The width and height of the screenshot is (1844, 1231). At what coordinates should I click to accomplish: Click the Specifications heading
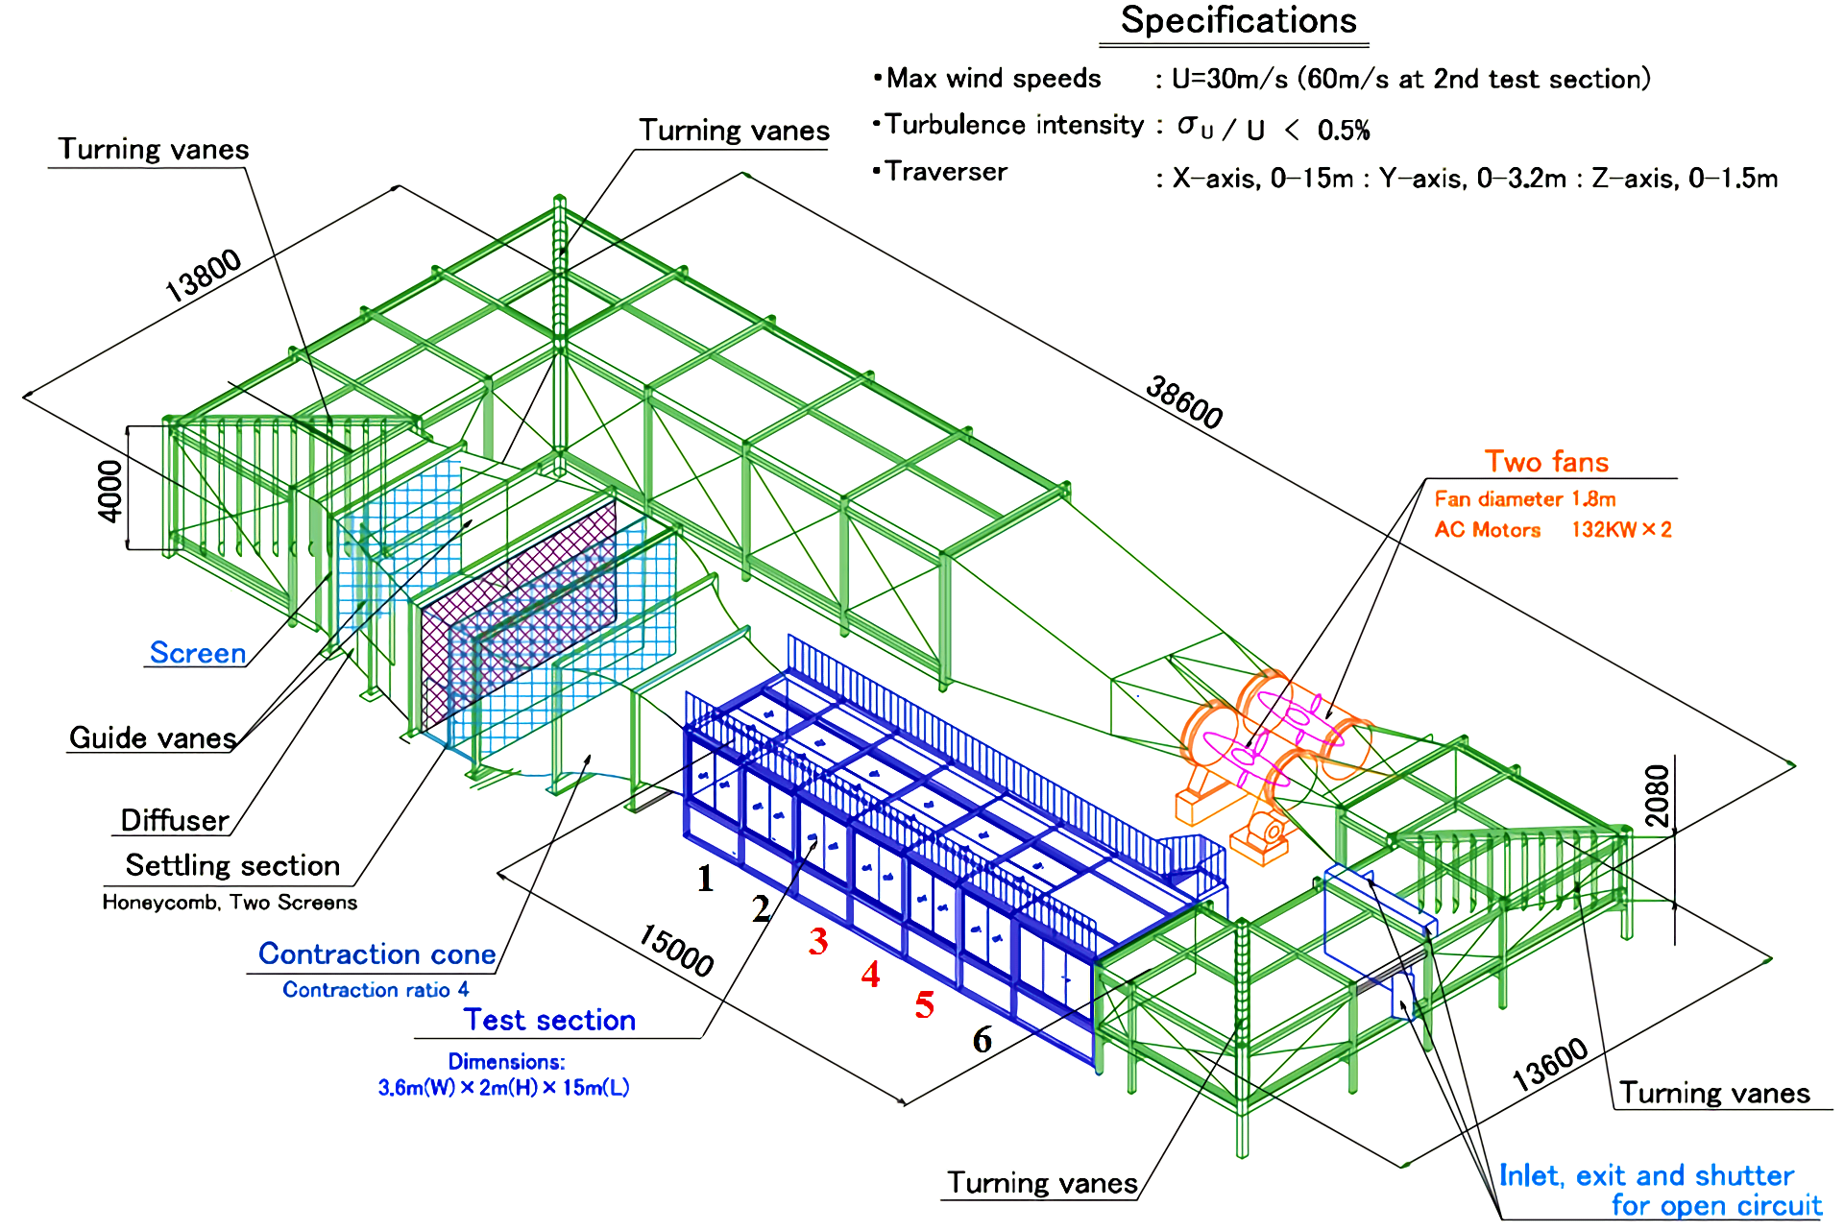point(1238,21)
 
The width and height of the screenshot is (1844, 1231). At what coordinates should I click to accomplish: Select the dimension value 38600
point(1184,402)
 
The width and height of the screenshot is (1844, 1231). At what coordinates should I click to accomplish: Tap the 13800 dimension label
point(203,276)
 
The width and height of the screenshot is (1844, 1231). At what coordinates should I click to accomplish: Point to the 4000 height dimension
point(111,491)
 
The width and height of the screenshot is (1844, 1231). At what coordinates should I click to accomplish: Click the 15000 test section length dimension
point(676,950)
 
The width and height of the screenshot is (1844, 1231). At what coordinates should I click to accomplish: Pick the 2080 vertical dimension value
point(1658,795)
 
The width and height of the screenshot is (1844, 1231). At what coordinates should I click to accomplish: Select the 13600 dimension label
point(1549,1065)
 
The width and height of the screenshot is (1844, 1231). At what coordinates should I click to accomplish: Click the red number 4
point(870,975)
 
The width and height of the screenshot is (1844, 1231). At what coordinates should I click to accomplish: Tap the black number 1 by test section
point(705,879)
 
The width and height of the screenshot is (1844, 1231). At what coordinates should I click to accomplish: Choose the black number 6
point(982,1039)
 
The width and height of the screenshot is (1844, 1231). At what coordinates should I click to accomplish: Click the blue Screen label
point(198,653)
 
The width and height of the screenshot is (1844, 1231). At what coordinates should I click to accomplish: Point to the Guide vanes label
point(153,737)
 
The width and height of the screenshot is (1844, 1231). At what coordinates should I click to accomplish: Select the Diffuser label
point(175,820)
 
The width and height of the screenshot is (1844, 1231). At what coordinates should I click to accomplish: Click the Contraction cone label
point(376,953)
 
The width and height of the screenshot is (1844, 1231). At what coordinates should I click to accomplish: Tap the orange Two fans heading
point(1546,462)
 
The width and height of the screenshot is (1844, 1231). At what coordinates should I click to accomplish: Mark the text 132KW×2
point(1621,530)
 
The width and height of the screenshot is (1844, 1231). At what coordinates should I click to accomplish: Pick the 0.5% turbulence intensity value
point(1344,131)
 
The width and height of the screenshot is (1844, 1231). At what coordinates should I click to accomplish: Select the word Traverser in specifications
point(946,172)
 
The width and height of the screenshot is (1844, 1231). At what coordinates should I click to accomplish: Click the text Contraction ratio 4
point(376,990)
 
